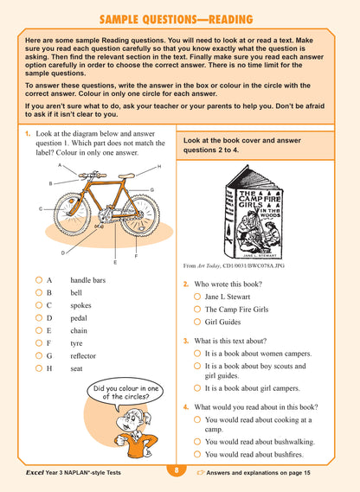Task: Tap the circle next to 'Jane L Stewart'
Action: (198, 297)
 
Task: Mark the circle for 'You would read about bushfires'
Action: (198, 453)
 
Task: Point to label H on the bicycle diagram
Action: (159, 166)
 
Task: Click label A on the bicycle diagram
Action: (60, 164)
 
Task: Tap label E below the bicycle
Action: (115, 261)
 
